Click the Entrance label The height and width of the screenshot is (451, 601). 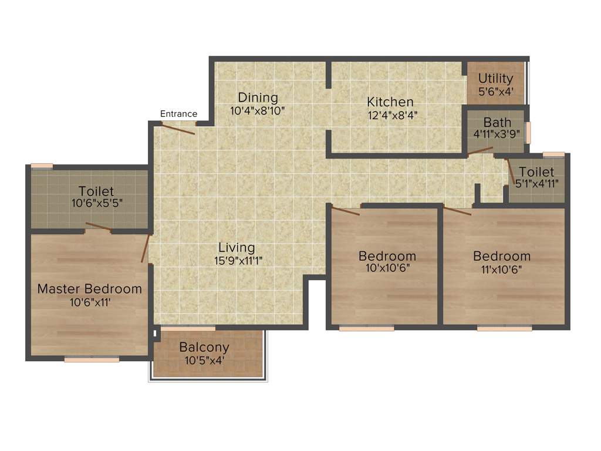(x=178, y=114)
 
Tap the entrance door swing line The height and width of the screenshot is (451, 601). (x=178, y=130)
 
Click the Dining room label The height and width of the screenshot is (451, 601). (x=258, y=97)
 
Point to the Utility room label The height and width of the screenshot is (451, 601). (x=495, y=78)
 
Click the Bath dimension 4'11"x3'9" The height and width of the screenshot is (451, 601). (x=497, y=134)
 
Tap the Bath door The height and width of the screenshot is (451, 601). (x=480, y=151)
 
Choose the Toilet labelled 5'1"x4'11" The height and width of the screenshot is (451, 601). (x=536, y=172)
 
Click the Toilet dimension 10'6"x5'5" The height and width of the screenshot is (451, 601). (x=96, y=203)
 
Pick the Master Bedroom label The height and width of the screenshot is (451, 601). (x=89, y=289)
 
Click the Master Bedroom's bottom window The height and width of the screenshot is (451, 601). (x=92, y=359)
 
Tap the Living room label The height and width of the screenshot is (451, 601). (x=237, y=247)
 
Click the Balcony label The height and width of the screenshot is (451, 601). (x=204, y=346)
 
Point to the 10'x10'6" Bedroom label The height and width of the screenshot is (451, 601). (x=387, y=256)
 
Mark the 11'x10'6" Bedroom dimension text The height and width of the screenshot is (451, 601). (x=501, y=270)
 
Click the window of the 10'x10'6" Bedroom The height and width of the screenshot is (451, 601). (x=366, y=328)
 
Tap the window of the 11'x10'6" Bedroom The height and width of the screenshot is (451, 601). (x=504, y=328)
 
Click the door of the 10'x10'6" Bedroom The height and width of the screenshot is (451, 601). (x=346, y=211)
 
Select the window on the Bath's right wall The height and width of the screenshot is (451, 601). (x=528, y=132)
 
